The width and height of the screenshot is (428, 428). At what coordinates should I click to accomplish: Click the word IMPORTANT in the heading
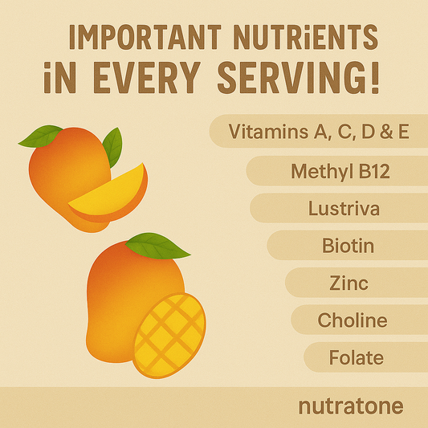pos(145,37)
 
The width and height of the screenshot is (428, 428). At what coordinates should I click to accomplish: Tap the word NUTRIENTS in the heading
pos(306,37)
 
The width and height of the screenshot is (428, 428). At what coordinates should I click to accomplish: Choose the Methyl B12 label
pos(340,171)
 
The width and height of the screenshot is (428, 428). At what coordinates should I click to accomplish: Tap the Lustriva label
pos(344,209)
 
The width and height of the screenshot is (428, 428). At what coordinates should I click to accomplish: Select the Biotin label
pos(348,246)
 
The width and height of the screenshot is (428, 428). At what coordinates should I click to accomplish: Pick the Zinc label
pos(349,283)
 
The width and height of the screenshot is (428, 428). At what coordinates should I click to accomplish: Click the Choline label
pos(353,320)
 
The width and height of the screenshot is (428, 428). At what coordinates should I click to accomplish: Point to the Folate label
pos(357,357)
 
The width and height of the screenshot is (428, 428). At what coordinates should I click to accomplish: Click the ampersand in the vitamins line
pos(387,132)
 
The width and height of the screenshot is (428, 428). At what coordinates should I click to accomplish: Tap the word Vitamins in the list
pos(268,132)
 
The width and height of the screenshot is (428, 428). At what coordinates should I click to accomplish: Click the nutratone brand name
pos(351,406)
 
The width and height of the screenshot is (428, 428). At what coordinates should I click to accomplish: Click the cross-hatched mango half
pos(169,336)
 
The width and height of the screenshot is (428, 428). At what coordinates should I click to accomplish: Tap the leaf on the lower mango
pos(157,246)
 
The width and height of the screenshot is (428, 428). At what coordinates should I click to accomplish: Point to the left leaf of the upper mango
pos(40,137)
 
